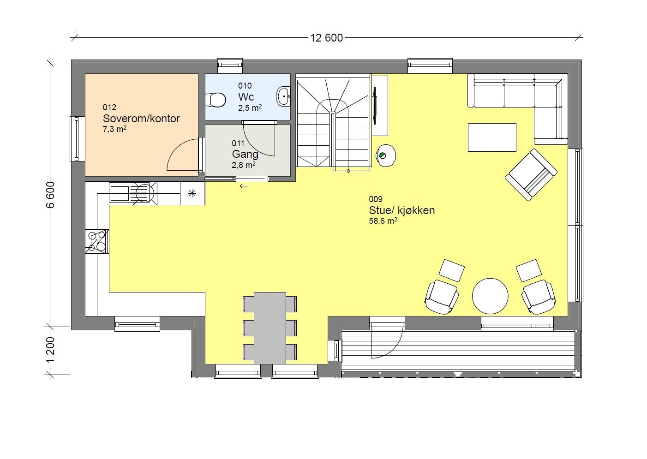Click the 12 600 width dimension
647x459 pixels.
click(326, 38)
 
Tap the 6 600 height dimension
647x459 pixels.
click(50, 195)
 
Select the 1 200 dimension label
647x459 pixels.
click(50, 349)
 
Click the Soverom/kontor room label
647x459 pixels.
click(141, 119)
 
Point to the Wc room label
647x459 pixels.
click(246, 97)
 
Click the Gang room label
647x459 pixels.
click(245, 154)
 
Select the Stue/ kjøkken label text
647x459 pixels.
click(401, 210)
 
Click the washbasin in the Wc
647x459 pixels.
click(283, 96)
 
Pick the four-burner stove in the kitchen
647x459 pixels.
click(97, 241)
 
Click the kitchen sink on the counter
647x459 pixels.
click(120, 192)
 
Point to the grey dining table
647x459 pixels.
click(270, 328)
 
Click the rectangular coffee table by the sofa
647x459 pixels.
click(492, 137)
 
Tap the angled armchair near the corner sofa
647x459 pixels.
click(531, 174)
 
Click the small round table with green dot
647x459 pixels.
click(386, 155)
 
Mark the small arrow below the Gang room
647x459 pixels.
click(244, 186)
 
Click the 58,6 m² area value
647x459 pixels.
click(383, 221)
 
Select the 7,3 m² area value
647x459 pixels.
click(114, 130)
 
